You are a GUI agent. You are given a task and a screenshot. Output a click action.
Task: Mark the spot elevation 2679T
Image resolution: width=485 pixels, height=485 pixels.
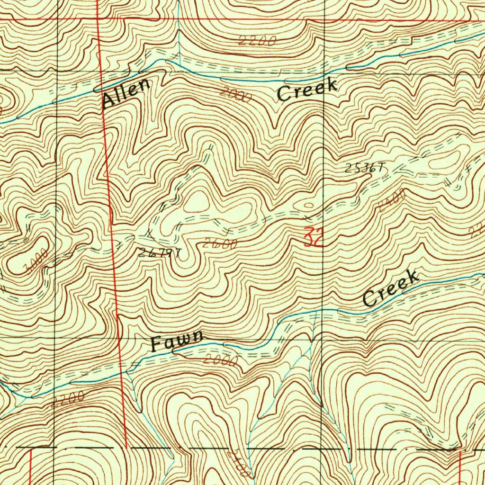[x=160, y=252]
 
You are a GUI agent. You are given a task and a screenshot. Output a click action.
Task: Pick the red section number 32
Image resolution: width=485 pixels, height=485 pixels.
[x=313, y=237]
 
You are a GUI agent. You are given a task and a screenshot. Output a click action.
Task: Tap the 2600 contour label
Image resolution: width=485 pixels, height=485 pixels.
[x=220, y=244]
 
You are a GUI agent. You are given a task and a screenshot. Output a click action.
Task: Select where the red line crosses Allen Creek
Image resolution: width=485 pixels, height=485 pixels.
[x=101, y=89]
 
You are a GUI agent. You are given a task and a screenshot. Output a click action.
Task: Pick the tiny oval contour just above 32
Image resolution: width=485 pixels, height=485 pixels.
[x=308, y=206]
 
